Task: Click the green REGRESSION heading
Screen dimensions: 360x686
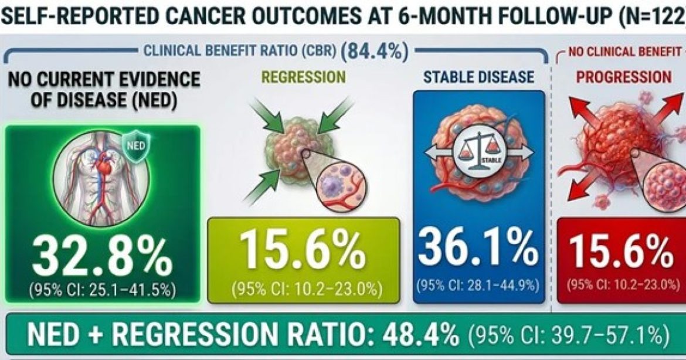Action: pyautogui.click(x=303, y=77)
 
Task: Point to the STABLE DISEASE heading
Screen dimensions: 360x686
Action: pyautogui.click(x=478, y=77)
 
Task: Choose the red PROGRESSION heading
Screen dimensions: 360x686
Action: pyautogui.click(x=624, y=77)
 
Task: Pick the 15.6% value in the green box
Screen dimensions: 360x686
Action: pyautogui.click(x=303, y=251)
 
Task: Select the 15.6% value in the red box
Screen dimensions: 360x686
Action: pyautogui.click(x=622, y=252)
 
